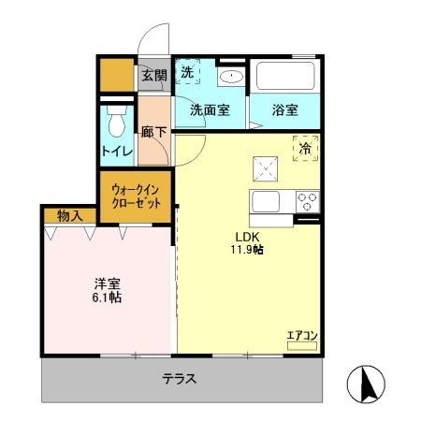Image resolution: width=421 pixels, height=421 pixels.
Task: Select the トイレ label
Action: tap(117, 149)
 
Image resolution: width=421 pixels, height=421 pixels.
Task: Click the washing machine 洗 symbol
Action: tap(187, 73)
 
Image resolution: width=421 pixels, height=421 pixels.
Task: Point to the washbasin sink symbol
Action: tap(230, 77)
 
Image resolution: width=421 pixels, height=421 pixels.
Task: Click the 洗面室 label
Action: tap(210, 109)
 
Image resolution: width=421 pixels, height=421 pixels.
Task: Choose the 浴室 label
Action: tap(286, 109)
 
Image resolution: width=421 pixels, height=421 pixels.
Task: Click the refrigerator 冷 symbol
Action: tap(305, 147)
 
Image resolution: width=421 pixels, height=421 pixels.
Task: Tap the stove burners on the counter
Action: tap(307, 199)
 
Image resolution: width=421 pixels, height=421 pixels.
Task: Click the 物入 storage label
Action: tap(69, 216)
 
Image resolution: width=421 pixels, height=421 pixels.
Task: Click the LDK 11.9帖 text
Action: tap(247, 242)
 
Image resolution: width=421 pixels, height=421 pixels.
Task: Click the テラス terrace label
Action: tap(179, 379)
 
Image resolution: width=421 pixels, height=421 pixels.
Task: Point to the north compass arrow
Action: tap(367, 385)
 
